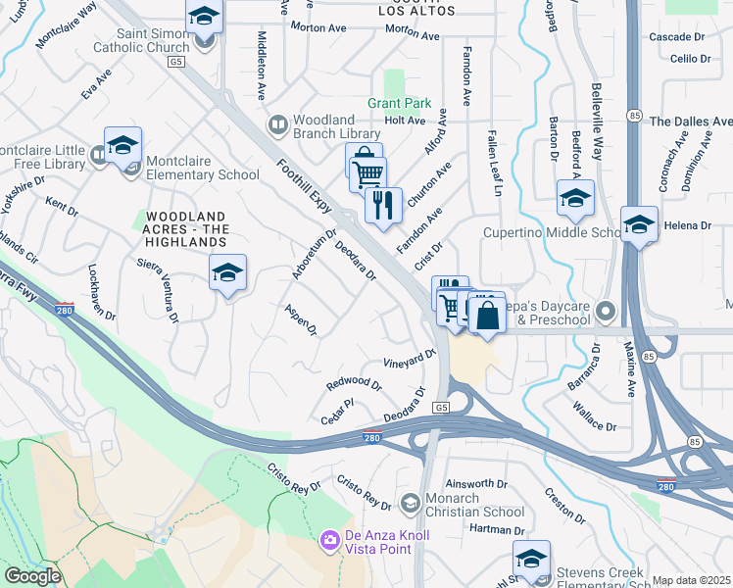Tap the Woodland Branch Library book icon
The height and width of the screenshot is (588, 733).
(x=278, y=124)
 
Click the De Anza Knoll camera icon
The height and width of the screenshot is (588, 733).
(x=329, y=539)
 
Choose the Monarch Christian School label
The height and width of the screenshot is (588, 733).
(x=477, y=505)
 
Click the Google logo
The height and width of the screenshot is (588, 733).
(x=31, y=576)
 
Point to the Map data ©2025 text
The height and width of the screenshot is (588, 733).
(x=691, y=580)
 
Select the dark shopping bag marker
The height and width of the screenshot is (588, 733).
(x=487, y=316)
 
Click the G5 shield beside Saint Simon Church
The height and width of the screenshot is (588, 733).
(x=176, y=62)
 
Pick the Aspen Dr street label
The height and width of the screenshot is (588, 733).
(x=300, y=319)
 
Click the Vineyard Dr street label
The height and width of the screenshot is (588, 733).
(x=410, y=359)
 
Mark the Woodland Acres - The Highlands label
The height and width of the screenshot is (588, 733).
(x=186, y=228)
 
